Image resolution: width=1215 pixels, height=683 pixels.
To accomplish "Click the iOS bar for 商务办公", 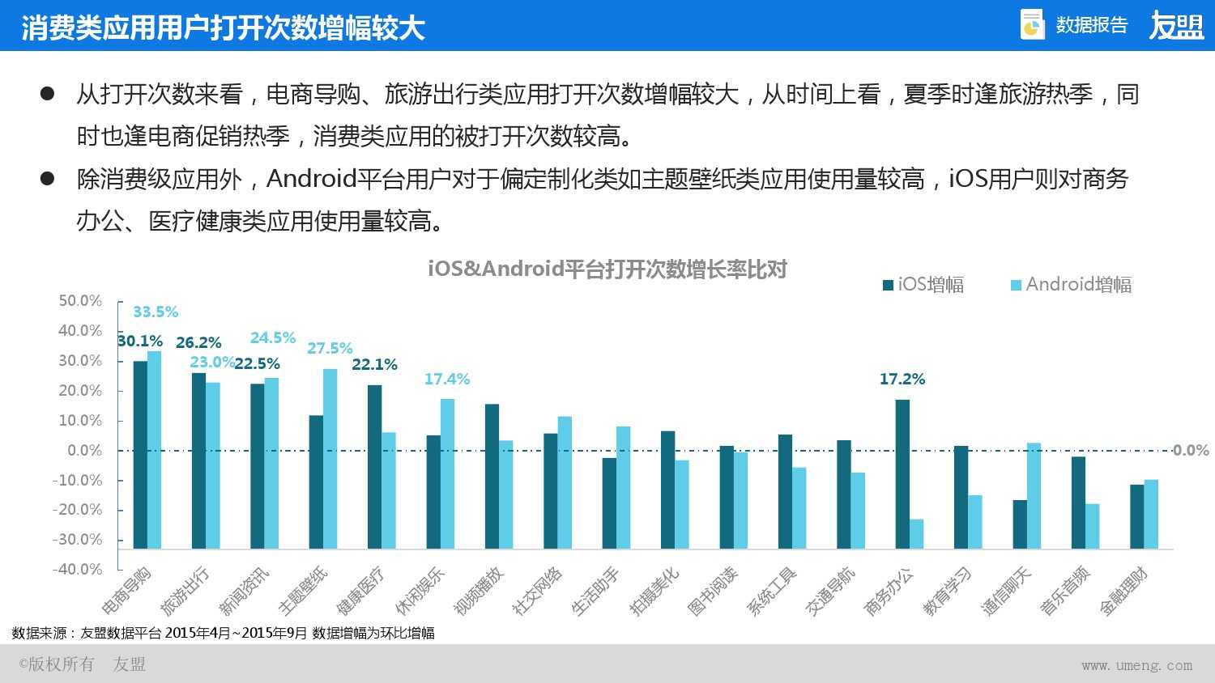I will coord(902,474).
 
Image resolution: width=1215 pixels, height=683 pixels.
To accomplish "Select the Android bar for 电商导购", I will coord(154,449).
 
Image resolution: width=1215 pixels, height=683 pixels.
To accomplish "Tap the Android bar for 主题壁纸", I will coord(330,458).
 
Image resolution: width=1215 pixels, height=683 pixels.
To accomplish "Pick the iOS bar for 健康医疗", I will coord(374,466).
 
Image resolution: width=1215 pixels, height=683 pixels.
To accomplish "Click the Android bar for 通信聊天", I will coord(1034,495).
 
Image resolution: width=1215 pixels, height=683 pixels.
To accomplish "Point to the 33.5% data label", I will coord(156,312).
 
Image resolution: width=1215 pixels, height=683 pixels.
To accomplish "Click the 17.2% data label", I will coord(902,379).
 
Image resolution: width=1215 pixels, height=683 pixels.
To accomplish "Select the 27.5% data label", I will coord(330,348).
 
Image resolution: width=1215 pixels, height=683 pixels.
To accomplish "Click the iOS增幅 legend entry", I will coord(923,285).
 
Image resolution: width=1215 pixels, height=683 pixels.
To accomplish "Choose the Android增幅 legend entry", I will coord(1071,285).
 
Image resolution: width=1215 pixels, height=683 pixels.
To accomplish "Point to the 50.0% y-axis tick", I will coord(80,301).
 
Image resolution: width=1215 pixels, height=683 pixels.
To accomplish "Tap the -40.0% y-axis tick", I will coord(78,569).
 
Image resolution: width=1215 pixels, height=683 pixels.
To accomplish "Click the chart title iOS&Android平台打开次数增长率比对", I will coord(607,269).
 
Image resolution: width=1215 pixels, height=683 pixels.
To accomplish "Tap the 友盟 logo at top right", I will coord(1176,26).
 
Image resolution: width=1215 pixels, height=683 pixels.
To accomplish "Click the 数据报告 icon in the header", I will coord(1032,25).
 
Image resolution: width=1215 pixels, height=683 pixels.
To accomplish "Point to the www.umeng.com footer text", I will coord(1136,665).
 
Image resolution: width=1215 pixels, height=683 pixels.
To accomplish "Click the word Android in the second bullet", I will coord(311,178).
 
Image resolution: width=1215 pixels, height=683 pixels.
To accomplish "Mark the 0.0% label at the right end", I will coord(1191,450).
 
